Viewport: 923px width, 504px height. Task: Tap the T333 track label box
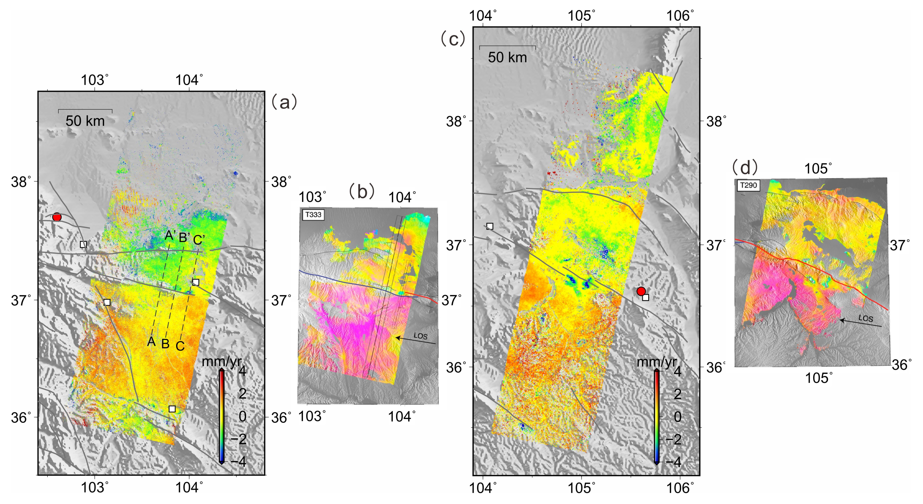(313, 215)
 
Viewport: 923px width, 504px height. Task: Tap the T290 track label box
(748, 185)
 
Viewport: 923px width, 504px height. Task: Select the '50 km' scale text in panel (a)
(85, 121)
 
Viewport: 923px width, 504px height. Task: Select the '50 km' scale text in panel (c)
(507, 58)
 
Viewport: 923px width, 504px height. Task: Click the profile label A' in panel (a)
(170, 235)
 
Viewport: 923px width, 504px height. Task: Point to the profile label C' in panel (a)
(199, 240)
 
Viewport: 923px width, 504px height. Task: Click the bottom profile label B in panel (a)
(165, 344)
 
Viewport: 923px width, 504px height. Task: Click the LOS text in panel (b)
(420, 336)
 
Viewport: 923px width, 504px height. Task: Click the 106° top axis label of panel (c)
(680, 16)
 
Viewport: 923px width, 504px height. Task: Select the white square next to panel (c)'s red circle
(645, 297)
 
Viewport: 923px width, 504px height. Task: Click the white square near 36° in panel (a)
(172, 409)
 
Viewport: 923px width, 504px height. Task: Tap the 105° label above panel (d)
(818, 168)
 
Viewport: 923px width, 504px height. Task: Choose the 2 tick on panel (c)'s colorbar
(677, 394)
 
